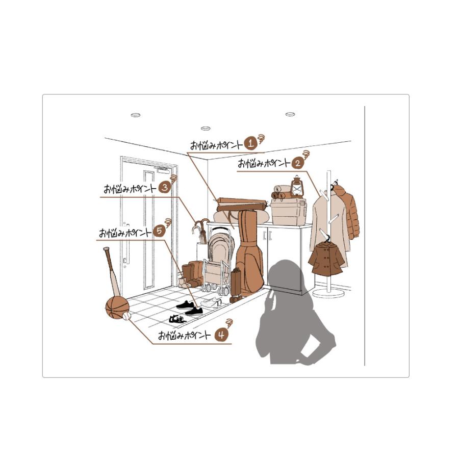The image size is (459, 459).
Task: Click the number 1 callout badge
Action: click(x=250, y=143)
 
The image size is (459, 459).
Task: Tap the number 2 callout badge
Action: click(x=297, y=163)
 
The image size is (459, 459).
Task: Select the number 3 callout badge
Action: click(x=165, y=187)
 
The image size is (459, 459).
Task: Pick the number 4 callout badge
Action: click(x=221, y=335)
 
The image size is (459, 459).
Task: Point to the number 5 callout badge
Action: click(x=159, y=231)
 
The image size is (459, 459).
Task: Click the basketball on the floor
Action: click(x=117, y=308)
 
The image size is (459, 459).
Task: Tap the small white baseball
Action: click(x=127, y=316)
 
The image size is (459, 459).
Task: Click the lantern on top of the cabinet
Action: click(x=297, y=186)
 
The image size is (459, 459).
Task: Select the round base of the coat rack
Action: click(x=328, y=293)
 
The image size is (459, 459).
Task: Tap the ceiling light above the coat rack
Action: click(x=290, y=114)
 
